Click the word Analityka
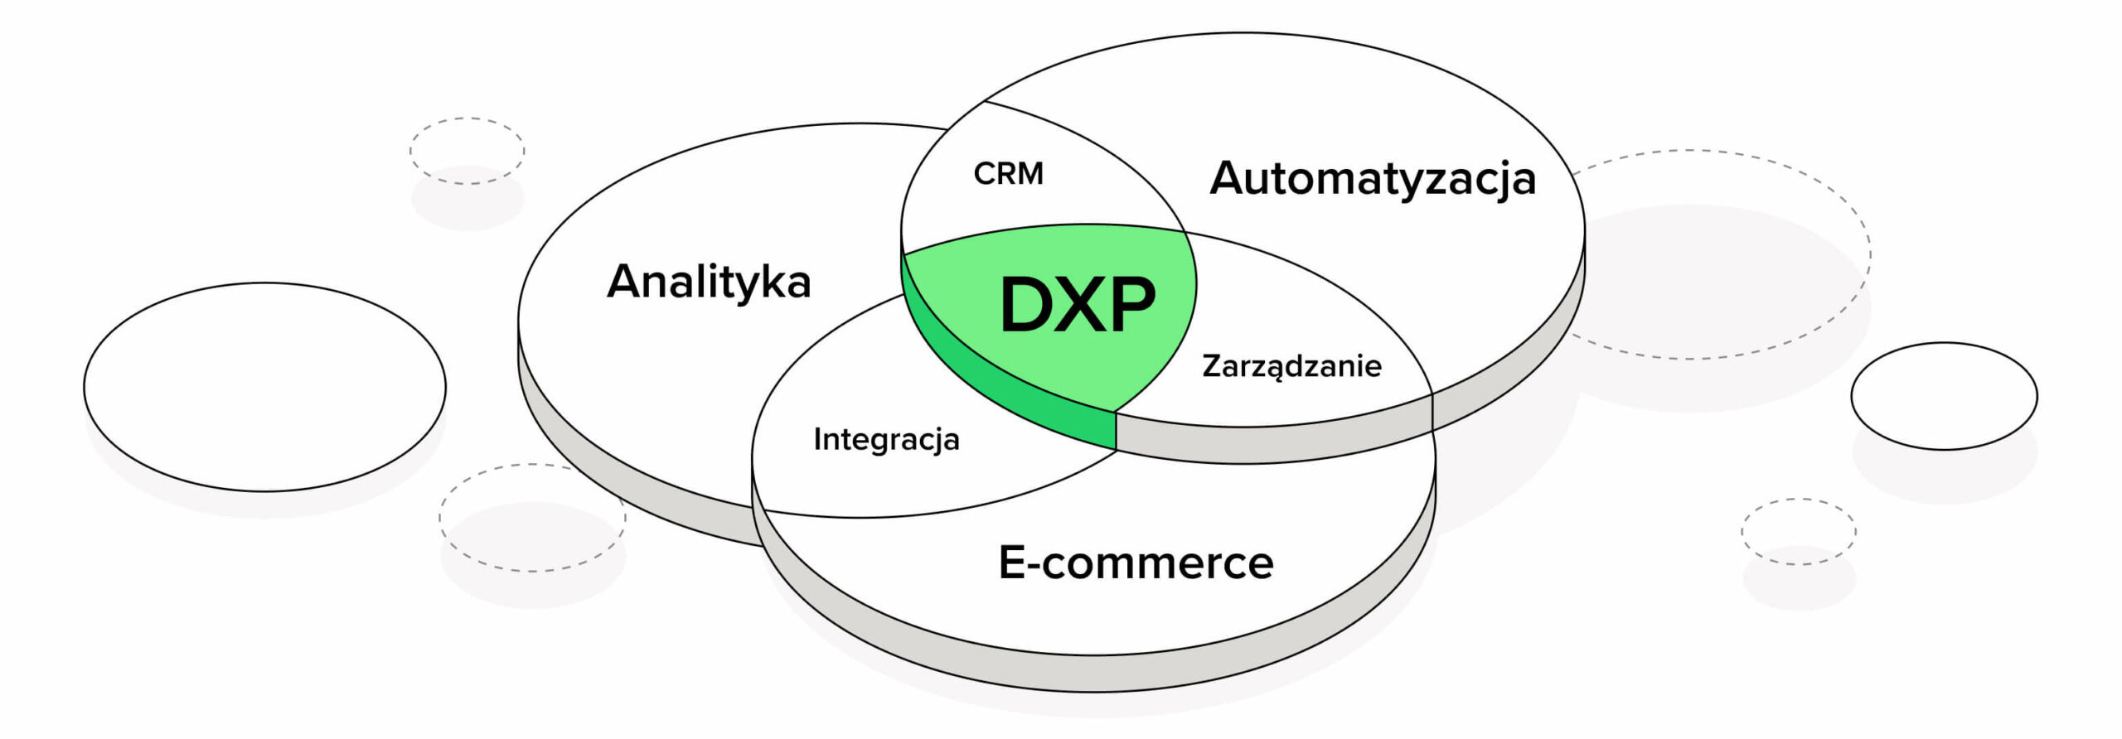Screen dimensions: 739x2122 (x=709, y=282)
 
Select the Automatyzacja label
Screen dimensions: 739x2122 (x=1373, y=179)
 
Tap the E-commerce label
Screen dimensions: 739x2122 (x=1136, y=563)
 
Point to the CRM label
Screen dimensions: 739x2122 (x=1008, y=174)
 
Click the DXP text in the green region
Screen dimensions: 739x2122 (x=1077, y=305)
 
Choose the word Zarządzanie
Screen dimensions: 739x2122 (x=1291, y=366)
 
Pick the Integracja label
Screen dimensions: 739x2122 (x=886, y=439)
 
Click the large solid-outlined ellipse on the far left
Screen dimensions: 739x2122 (x=264, y=387)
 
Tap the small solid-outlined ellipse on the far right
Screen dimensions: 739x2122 (x=1944, y=396)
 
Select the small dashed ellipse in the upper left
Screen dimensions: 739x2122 (x=467, y=151)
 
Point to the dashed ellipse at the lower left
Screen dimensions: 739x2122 (x=532, y=518)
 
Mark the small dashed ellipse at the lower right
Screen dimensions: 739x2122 (x=1798, y=531)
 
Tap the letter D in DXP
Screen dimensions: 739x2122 (x=1025, y=305)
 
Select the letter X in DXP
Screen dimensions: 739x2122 (x=1080, y=305)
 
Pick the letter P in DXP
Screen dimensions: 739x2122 (x=1131, y=305)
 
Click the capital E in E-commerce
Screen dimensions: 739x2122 (x=1012, y=562)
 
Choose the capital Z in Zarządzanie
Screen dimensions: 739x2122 (x=1212, y=365)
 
